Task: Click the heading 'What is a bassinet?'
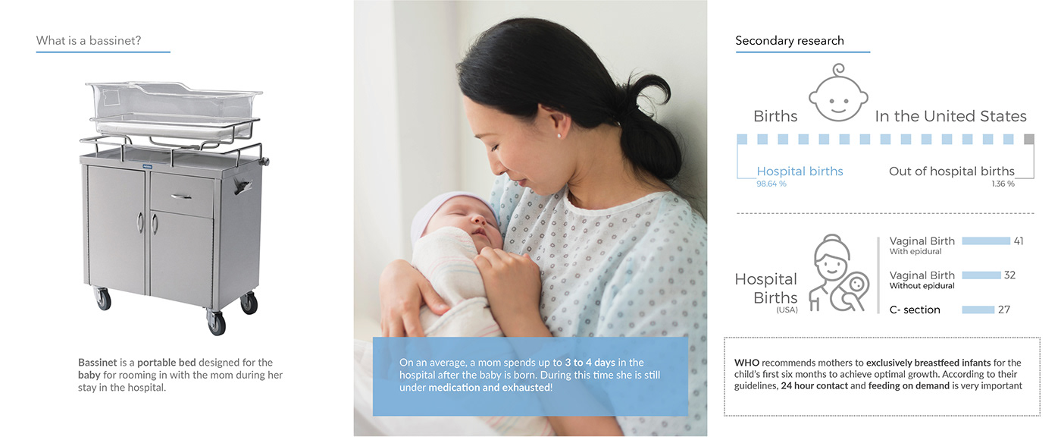click(x=89, y=41)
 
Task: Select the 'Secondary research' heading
click(x=790, y=41)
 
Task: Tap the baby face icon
click(x=838, y=93)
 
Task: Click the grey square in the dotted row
click(x=1029, y=139)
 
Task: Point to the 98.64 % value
click(x=771, y=184)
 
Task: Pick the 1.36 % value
click(x=1003, y=184)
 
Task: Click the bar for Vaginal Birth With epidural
click(x=986, y=241)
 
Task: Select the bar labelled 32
click(x=981, y=275)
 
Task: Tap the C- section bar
click(x=978, y=310)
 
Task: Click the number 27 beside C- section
click(x=1004, y=310)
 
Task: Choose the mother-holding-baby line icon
click(x=839, y=272)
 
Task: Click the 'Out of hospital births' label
click(x=952, y=171)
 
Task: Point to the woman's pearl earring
click(x=559, y=136)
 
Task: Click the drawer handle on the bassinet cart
click(x=181, y=196)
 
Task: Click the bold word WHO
click(x=746, y=363)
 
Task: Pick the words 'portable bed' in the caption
click(x=166, y=363)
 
